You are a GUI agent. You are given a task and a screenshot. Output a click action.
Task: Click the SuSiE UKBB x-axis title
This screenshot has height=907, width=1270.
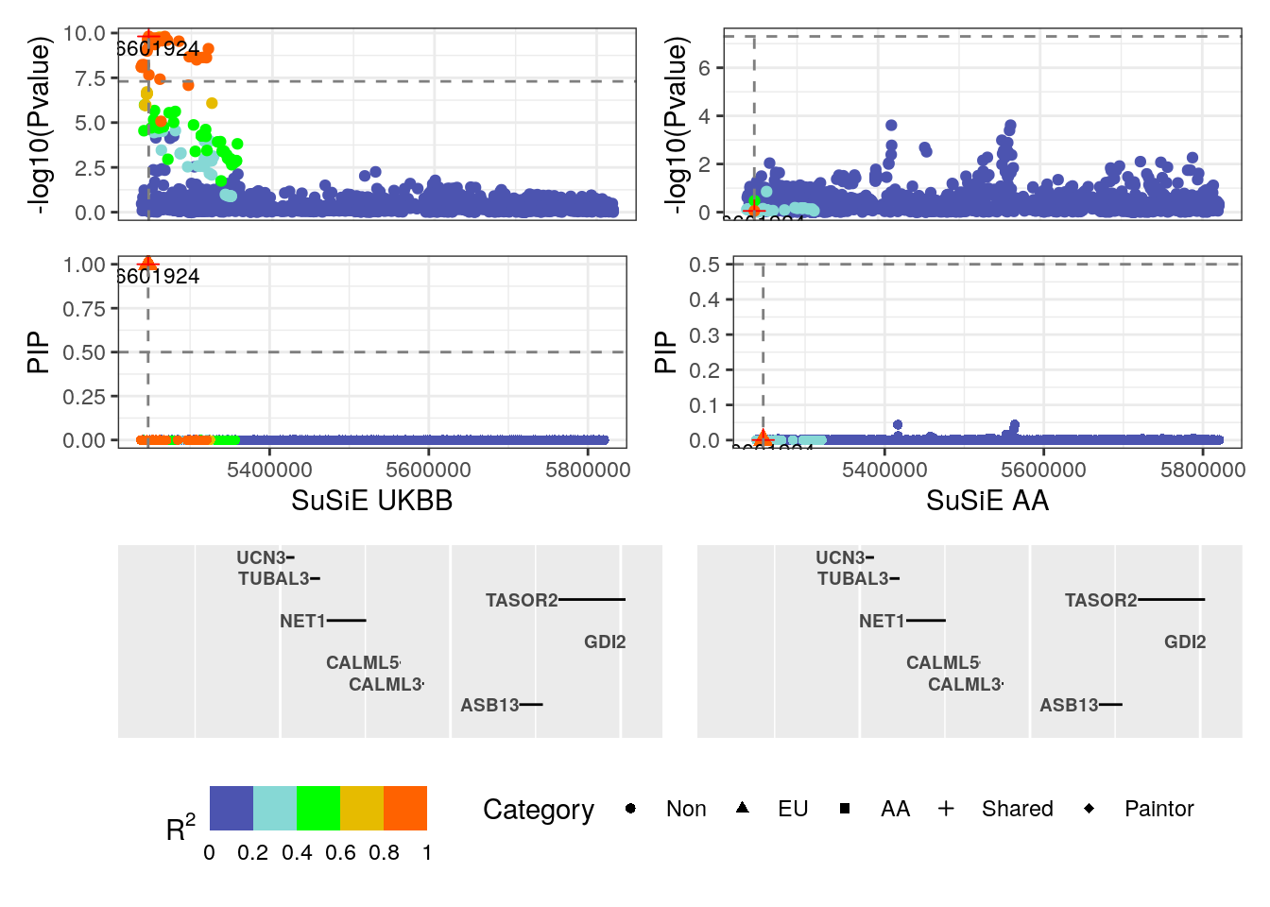pyautogui.click(x=371, y=501)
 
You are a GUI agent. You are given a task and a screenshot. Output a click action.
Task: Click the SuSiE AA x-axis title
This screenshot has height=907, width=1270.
pyautogui.click(x=987, y=501)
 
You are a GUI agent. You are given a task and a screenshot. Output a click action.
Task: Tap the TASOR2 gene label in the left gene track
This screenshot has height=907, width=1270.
pyautogui.click(x=522, y=600)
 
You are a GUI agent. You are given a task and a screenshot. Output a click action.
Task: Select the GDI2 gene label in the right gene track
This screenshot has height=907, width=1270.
pyautogui.click(x=1185, y=642)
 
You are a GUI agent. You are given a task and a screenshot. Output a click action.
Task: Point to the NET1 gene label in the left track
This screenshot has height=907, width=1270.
pyautogui.click(x=302, y=621)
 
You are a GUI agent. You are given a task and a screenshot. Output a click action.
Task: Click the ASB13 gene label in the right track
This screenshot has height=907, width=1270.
pyautogui.click(x=1069, y=705)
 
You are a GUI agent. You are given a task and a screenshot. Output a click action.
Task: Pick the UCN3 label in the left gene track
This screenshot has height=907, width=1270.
pyautogui.click(x=261, y=557)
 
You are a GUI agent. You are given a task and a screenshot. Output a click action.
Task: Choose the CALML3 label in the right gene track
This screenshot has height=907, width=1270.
pyautogui.click(x=964, y=684)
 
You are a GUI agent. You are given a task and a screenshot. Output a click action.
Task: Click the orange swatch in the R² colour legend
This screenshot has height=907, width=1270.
pyautogui.click(x=405, y=808)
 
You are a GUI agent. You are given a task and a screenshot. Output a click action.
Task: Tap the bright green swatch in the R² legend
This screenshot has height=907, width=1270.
pyautogui.click(x=318, y=808)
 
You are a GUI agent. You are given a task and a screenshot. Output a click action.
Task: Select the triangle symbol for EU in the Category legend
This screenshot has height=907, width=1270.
pyautogui.click(x=743, y=808)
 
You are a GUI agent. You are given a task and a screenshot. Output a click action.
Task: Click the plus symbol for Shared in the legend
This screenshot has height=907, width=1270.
pyautogui.click(x=946, y=808)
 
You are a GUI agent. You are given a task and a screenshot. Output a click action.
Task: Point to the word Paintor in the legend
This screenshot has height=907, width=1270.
pyautogui.click(x=1158, y=809)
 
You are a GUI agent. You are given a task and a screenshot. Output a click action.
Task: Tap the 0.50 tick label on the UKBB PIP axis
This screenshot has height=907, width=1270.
pyautogui.click(x=84, y=352)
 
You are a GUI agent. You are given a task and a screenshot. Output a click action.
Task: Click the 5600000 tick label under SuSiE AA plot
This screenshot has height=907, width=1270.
pyautogui.click(x=1043, y=470)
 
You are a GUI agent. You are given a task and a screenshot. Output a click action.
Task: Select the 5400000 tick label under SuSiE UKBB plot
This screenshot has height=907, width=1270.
pyautogui.click(x=269, y=470)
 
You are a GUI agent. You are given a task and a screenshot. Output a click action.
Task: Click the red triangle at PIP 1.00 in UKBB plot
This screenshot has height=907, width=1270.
pyautogui.click(x=147, y=264)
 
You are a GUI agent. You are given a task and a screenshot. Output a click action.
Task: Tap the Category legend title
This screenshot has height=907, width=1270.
pyautogui.click(x=539, y=810)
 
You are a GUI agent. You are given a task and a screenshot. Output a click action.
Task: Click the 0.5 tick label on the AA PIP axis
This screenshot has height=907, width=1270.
pyautogui.click(x=704, y=265)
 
